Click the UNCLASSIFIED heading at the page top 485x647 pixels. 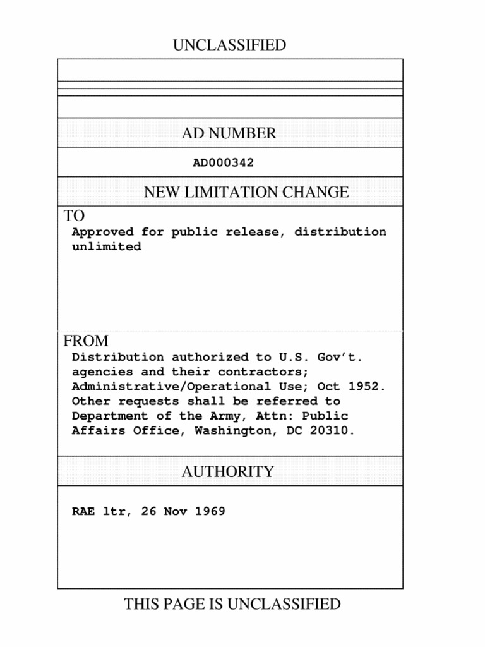pyautogui.click(x=229, y=45)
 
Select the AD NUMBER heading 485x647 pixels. pyautogui.click(x=229, y=133)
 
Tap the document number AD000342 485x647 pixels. pyautogui.click(x=223, y=163)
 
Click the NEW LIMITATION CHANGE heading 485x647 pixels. pyautogui.click(x=246, y=192)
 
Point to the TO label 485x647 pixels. pyautogui.click(x=74, y=216)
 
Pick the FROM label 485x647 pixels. pyautogui.click(x=86, y=341)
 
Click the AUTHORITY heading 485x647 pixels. pyautogui.click(x=228, y=471)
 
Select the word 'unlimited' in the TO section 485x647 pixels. pyautogui.click(x=106, y=247)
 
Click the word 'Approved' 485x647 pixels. pyautogui.click(x=102, y=232)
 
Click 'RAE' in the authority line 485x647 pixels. pyautogui.click(x=83, y=511)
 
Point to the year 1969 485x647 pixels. pyautogui.click(x=210, y=511)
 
